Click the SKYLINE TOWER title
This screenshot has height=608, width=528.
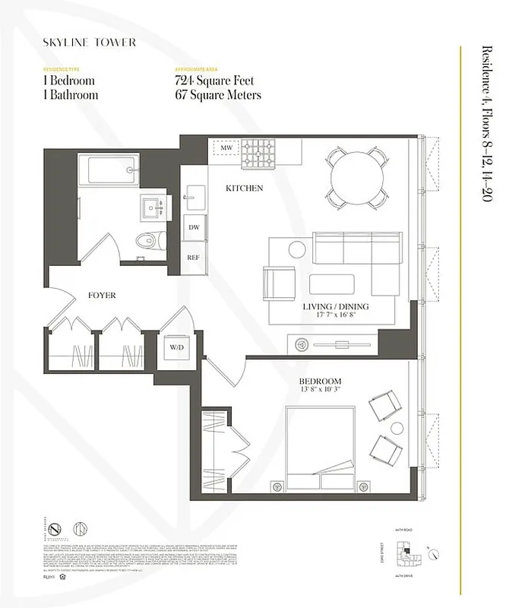pyautogui.click(x=90, y=43)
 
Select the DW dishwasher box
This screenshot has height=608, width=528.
pyautogui.click(x=194, y=226)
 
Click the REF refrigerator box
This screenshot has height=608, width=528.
pyautogui.click(x=194, y=257)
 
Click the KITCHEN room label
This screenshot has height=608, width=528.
pyautogui.click(x=244, y=188)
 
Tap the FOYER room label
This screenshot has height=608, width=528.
pyautogui.click(x=102, y=296)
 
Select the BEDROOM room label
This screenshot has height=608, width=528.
pyautogui.click(x=320, y=381)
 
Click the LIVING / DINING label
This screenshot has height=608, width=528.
pyautogui.click(x=335, y=306)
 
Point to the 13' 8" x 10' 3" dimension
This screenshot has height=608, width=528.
pyautogui.click(x=320, y=391)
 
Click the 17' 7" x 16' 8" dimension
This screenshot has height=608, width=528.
pyautogui.click(x=335, y=316)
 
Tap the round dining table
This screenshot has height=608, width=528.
pyautogui.click(x=355, y=177)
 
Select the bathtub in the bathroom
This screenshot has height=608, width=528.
pyautogui.click(x=112, y=169)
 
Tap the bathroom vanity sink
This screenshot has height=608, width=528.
pyautogui.click(x=158, y=205)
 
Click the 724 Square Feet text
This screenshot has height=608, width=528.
pyautogui.click(x=214, y=81)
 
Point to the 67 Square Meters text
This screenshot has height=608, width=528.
pyautogui.click(x=217, y=95)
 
